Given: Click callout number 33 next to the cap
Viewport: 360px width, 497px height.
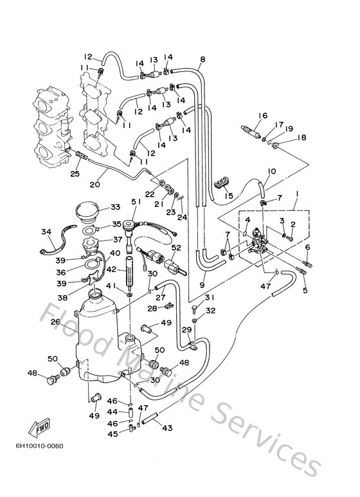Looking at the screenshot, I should pyautogui.click(x=115, y=207).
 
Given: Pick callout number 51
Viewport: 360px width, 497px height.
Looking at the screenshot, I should pyautogui.click(x=136, y=201).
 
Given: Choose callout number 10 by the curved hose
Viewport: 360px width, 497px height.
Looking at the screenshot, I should pyautogui.click(x=271, y=171).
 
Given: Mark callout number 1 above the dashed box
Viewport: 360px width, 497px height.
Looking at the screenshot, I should pyautogui.click(x=298, y=193).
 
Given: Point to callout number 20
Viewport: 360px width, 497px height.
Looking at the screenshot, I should pyautogui.click(x=94, y=184).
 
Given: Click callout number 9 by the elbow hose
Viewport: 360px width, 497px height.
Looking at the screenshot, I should pyautogui.click(x=203, y=285).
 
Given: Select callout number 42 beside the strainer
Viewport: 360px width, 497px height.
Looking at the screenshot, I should pyautogui.click(x=111, y=269).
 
